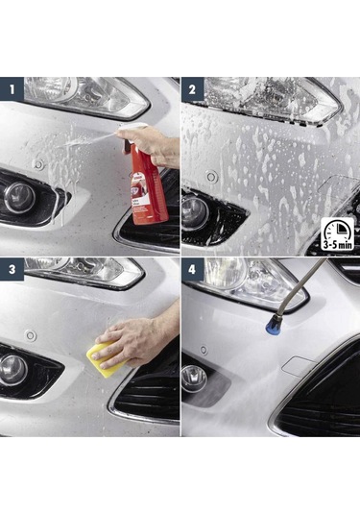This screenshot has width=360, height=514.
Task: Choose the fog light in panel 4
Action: (195, 377)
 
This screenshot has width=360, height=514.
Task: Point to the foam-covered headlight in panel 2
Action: (269, 98)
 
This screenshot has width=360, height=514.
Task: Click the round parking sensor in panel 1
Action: (38, 164)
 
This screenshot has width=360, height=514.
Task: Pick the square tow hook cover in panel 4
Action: (298, 365)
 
